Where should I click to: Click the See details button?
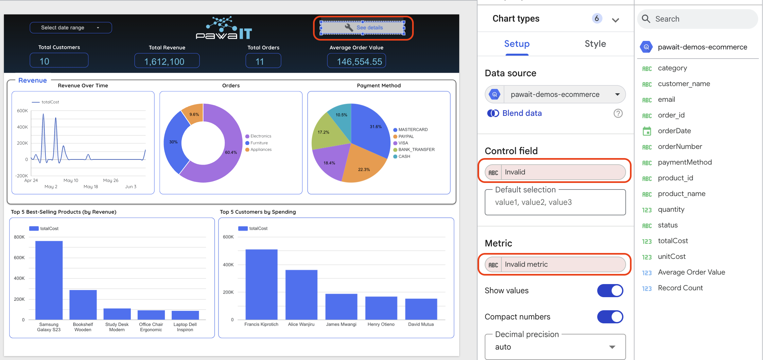tap(362, 27)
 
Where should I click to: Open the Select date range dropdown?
tap(71, 28)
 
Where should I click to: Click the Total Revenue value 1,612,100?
tap(167, 61)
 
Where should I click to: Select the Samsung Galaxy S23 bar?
tap(49, 280)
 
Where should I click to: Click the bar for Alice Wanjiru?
tap(301, 295)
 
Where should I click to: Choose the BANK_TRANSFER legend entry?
tap(416, 150)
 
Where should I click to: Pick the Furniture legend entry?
tap(259, 143)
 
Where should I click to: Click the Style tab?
tap(595, 44)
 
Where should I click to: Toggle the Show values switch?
tap(610, 291)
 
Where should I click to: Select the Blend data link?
tap(522, 113)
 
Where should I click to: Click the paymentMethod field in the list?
tap(685, 162)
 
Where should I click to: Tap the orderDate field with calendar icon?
tap(674, 131)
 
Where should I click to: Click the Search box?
tap(700, 19)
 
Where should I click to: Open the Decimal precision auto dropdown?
tap(555, 347)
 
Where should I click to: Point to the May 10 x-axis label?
tap(71, 180)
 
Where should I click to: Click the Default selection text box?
tap(555, 202)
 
